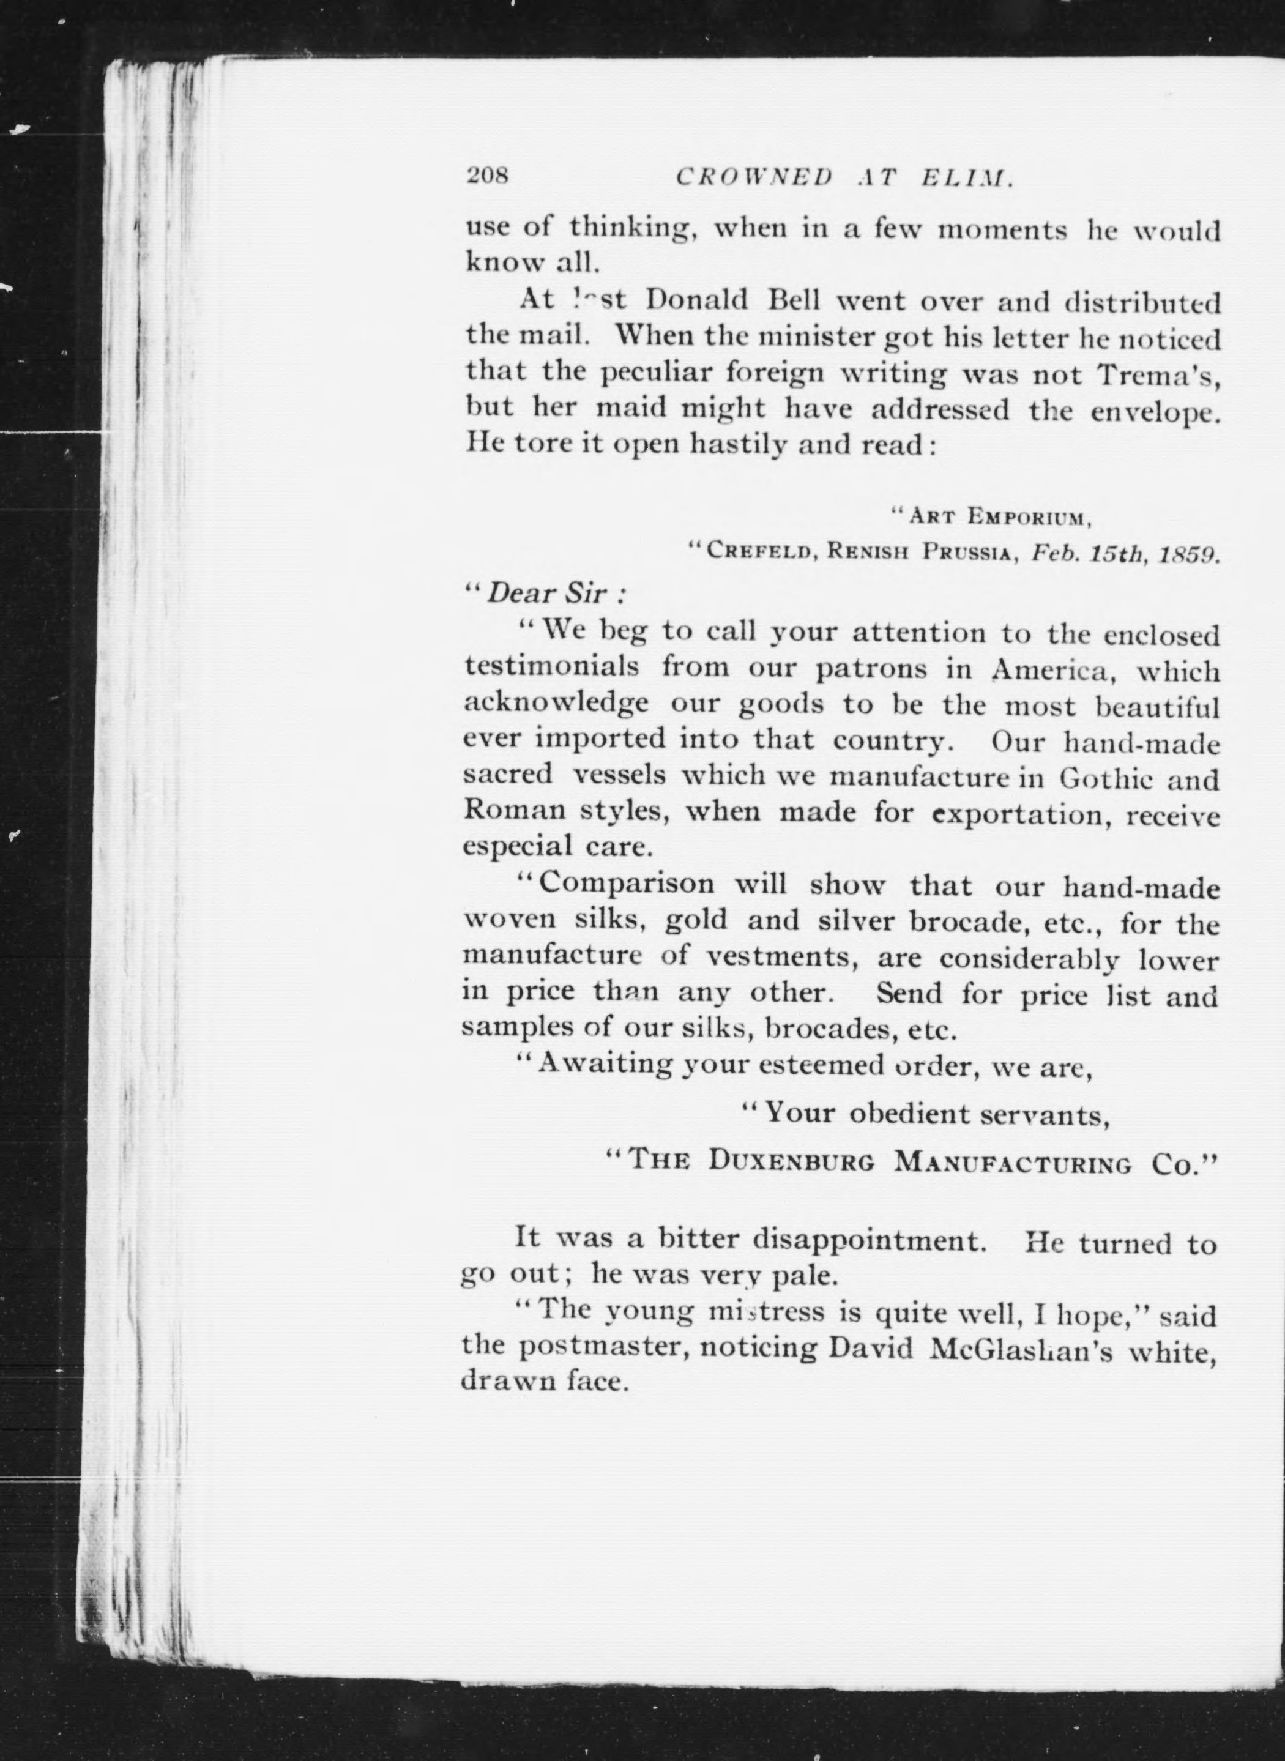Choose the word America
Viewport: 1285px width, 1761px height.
coord(1052,671)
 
